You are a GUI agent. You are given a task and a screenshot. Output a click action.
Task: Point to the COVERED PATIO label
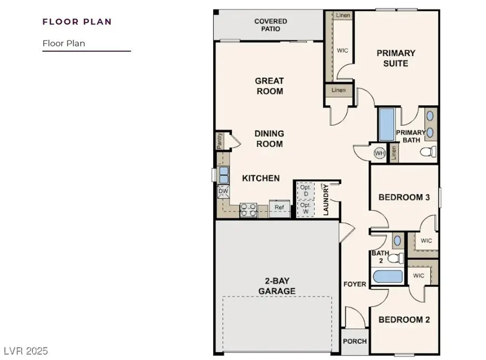click(x=271, y=25)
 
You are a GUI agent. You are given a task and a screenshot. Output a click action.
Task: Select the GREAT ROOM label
click(x=269, y=86)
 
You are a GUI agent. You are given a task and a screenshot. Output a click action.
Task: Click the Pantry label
click(x=220, y=141)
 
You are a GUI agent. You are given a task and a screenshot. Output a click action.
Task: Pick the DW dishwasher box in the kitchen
click(x=222, y=191)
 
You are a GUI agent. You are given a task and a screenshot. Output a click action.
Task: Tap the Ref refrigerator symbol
click(x=279, y=207)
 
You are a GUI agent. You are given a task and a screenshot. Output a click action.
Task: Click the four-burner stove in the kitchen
click(x=248, y=209)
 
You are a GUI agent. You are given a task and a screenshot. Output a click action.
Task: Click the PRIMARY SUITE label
click(x=396, y=58)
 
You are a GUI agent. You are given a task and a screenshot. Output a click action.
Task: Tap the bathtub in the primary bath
click(x=386, y=125)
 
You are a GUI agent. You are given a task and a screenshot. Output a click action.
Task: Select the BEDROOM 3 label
click(x=404, y=198)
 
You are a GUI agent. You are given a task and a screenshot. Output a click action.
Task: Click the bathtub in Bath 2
click(x=388, y=276)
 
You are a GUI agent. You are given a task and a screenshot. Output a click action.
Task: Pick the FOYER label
click(x=354, y=284)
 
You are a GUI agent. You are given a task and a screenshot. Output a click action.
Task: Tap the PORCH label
click(x=355, y=341)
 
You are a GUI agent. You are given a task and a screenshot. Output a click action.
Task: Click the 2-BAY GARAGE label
click(x=276, y=286)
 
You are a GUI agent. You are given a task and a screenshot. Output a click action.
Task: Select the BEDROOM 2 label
click(x=404, y=320)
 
